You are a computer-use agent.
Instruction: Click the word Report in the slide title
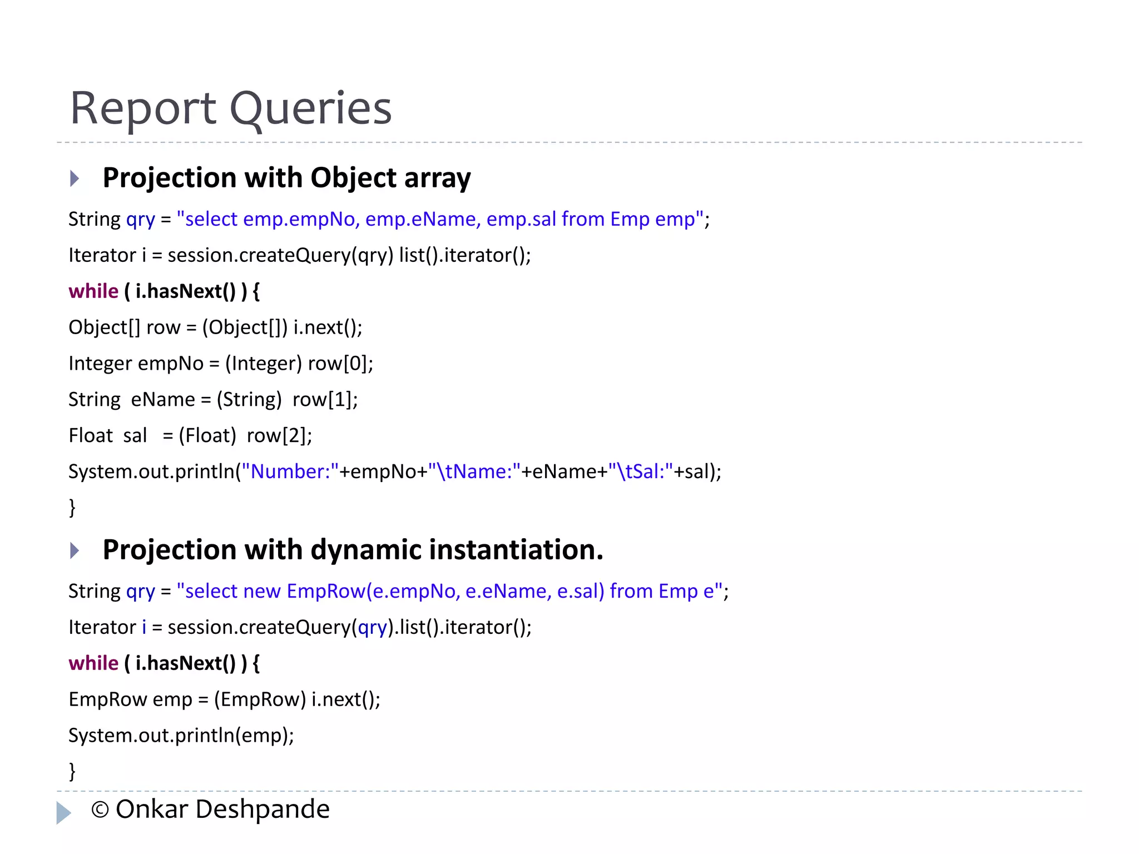point(142,108)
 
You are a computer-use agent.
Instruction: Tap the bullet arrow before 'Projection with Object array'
point(75,178)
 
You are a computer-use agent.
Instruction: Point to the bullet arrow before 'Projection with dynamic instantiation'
point(75,550)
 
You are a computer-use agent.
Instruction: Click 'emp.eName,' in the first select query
point(423,220)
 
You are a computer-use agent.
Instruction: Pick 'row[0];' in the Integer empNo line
point(340,364)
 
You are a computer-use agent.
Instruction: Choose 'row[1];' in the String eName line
point(325,400)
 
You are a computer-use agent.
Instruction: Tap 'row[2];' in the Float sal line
point(279,436)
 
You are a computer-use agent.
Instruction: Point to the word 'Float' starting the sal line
point(91,436)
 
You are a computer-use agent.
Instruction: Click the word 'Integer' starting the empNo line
point(100,364)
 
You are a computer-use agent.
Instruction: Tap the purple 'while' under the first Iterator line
point(93,291)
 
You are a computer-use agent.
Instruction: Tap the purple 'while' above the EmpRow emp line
point(93,663)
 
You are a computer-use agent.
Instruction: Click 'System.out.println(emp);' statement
point(181,736)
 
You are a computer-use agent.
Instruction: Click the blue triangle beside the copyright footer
point(63,812)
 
